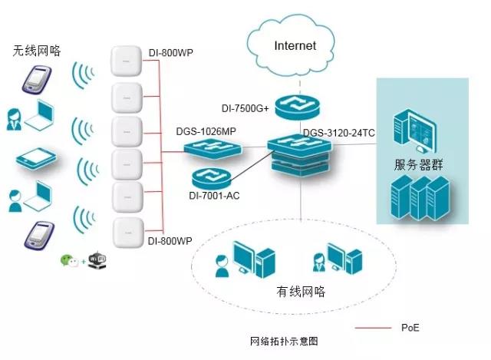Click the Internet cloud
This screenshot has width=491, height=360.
[295, 47]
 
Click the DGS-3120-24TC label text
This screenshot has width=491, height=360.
[338, 133]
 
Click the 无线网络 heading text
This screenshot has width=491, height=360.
[36, 51]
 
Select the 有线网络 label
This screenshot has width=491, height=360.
[301, 292]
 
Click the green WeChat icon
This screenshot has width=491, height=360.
[70, 261]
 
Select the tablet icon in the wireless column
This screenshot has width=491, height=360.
[36, 157]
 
